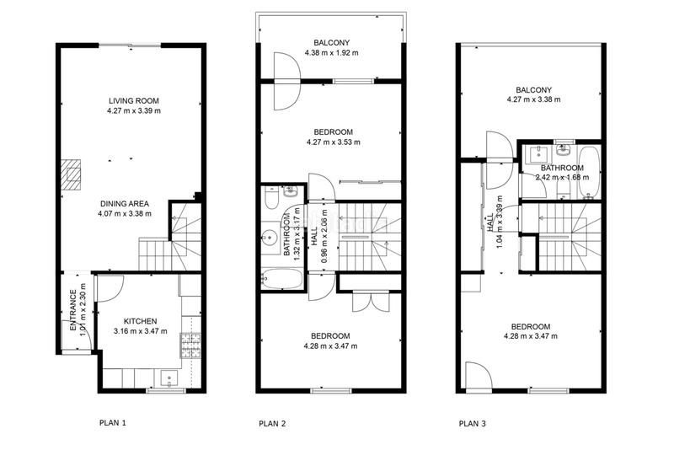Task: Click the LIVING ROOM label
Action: (x=134, y=101)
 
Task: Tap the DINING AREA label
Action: (x=125, y=204)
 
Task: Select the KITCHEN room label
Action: (x=140, y=321)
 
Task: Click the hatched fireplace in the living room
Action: (x=71, y=174)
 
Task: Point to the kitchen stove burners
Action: (x=190, y=346)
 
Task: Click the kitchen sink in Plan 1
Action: (x=169, y=378)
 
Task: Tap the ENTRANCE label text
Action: (x=73, y=310)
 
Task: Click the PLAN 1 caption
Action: (x=113, y=422)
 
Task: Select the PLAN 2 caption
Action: (x=272, y=423)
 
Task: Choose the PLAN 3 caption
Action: (x=473, y=423)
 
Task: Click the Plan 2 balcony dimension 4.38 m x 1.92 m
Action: (x=331, y=53)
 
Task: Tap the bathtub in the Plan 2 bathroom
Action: (x=282, y=279)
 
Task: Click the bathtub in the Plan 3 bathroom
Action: (x=588, y=172)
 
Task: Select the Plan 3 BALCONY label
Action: (x=534, y=90)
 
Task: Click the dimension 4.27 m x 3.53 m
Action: (x=334, y=142)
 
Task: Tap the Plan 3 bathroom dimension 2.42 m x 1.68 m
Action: (x=562, y=177)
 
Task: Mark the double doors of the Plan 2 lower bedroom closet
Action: (x=371, y=301)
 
